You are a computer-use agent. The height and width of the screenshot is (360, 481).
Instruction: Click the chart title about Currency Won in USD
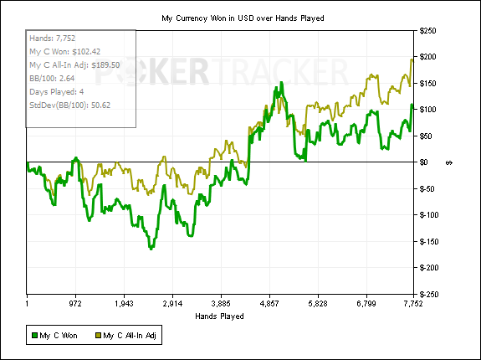[243, 18]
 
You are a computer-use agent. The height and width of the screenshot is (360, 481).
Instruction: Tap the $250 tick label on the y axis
[427, 31]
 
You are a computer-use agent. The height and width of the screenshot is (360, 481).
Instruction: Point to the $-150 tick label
[427, 241]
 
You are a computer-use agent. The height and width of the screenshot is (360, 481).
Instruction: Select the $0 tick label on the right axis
[423, 162]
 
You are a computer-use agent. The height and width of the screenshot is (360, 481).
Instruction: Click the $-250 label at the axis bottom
[427, 295]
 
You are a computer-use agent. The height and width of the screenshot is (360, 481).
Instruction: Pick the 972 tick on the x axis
[75, 304]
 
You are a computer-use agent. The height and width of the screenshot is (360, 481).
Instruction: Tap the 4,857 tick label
[269, 304]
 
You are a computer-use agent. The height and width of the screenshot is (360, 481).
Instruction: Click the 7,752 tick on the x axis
[412, 304]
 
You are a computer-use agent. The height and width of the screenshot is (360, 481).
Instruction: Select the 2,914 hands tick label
[172, 304]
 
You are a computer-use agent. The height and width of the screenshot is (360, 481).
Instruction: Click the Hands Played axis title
[219, 316]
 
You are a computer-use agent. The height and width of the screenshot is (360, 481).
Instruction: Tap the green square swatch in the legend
[34, 336]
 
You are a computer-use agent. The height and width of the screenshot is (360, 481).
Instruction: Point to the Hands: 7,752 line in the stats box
[52, 38]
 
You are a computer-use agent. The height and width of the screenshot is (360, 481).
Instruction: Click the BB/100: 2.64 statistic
[52, 78]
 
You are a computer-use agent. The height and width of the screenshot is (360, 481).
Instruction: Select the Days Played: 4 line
[56, 92]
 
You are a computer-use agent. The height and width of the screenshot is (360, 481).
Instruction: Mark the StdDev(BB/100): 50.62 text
[69, 105]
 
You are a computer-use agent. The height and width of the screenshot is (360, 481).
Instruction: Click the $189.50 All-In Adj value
[105, 65]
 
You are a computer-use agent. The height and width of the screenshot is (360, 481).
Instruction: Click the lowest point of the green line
[151, 249]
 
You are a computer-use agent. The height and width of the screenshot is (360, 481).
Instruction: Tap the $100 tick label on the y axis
[427, 110]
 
